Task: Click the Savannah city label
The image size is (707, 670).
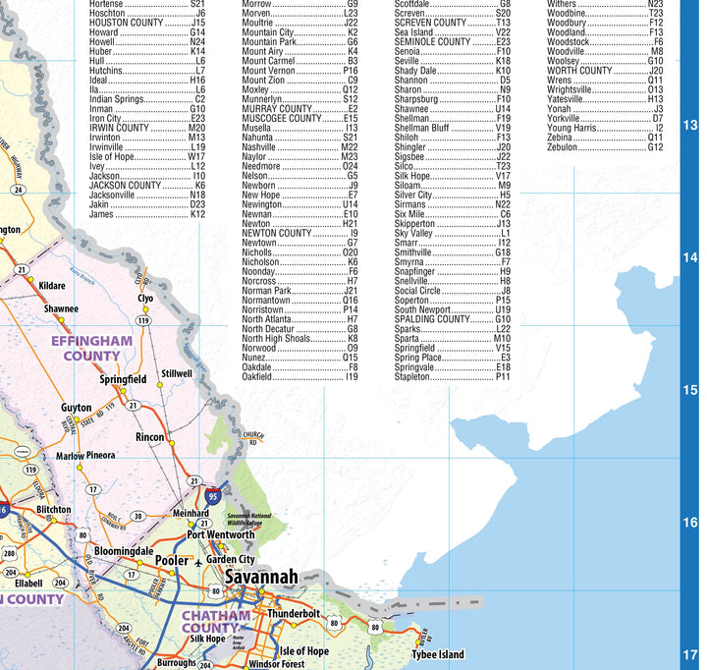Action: (260, 578)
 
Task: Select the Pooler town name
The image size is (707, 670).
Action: (171, 560)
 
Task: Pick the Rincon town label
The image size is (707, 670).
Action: (150, 437)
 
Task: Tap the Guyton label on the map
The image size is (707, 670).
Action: (77, 408)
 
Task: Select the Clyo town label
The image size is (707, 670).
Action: (145, 298)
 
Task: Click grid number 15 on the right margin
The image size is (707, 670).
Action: (690, 390)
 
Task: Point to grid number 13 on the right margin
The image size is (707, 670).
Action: (690, 125)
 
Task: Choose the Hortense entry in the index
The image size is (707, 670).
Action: (147, 4)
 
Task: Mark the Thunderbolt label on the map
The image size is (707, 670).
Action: (294, 613)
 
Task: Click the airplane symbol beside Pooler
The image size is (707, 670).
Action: (200, 563)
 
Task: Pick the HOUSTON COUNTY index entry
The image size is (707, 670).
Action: (147, 22)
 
